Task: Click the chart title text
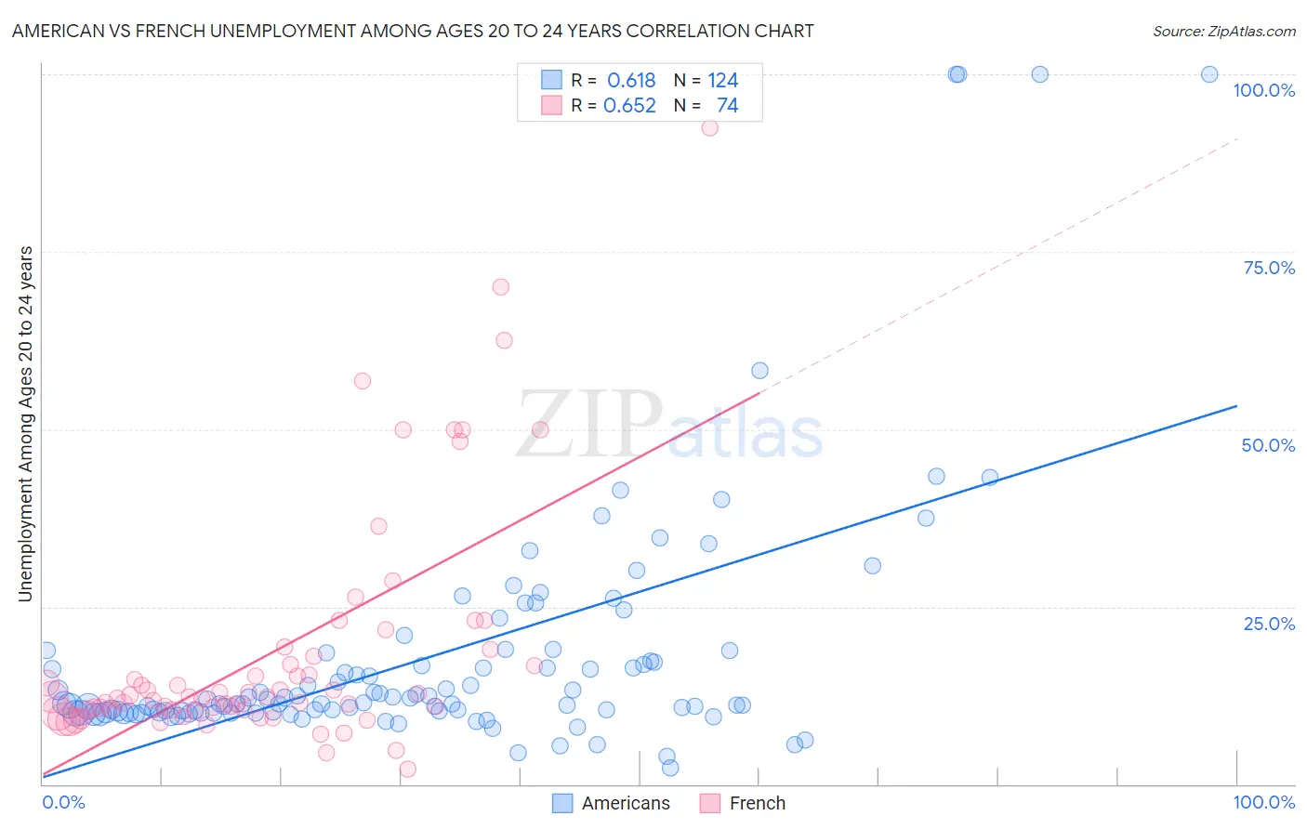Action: [x=413, y=31]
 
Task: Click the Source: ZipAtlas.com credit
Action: [x=1223, y=31]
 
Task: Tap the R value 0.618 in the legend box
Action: [x=631, y=81]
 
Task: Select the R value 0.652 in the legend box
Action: [x=629, y=106]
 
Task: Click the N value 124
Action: [x=722, y=81]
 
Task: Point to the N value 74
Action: [x=727, y=106]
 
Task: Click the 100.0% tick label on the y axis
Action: [x=1263, y=90]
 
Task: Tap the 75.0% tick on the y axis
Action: [x=1269, y=268]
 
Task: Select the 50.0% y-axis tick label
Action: [x=1268, y=445]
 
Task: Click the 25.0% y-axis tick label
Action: [x=1269, y=624]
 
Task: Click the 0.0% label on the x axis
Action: [x=63, y=802]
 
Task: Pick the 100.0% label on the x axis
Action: [x=1263, y=802]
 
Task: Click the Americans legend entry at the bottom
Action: [x=611, y=803]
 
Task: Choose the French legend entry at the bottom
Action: [x=742, y=803]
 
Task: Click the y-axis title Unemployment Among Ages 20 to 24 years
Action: [x=26, y=424]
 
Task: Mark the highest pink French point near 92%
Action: [x=709, y=128]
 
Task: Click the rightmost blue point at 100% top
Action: [x=1209, y=74]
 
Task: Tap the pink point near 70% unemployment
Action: [x=500, y=287]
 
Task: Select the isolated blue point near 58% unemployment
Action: [x=759, y=371]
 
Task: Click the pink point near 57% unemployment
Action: [x=363, y=381]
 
